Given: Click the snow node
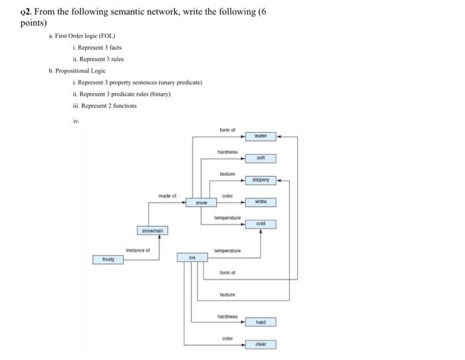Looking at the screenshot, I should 201,202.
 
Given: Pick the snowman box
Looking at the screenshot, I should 153,230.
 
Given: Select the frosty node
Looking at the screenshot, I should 108,259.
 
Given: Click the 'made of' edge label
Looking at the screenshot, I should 167,196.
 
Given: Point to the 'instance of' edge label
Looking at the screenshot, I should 138,250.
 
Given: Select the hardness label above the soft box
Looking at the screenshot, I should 227,152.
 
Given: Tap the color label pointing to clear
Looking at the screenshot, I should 227,338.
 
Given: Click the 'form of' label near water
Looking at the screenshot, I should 227,130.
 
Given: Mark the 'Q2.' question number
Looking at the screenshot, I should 26,12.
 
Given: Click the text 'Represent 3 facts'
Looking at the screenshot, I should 100,47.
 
